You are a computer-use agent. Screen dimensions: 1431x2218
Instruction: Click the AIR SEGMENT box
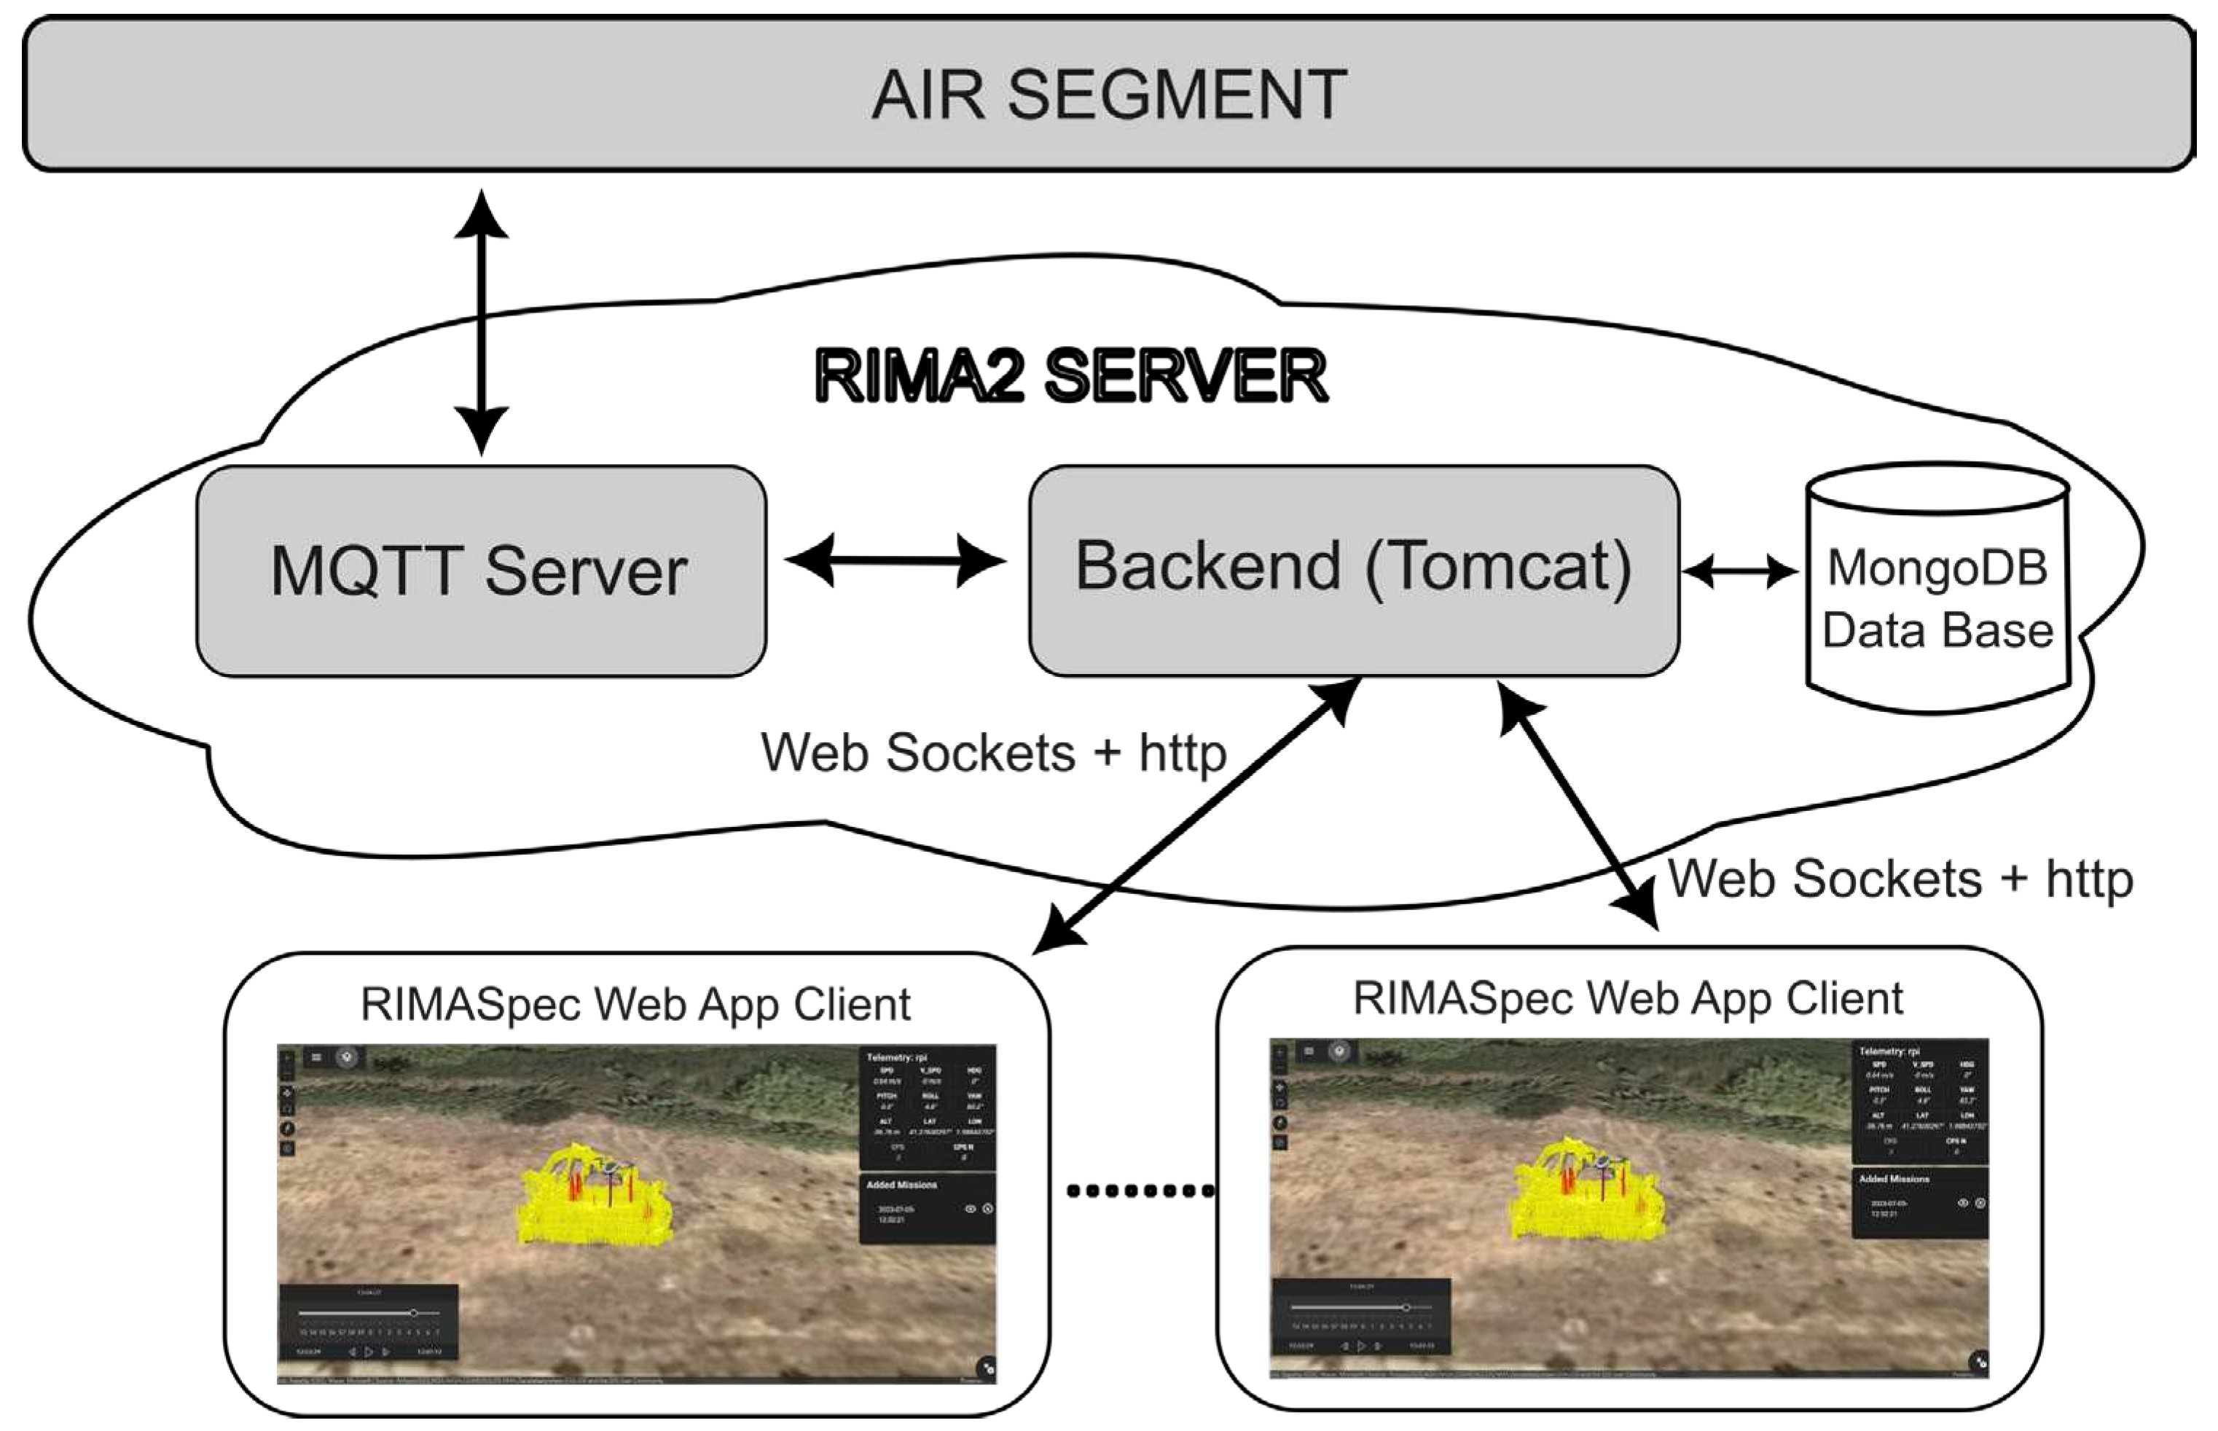[1108, 94]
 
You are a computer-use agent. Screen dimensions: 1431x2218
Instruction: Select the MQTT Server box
[480, 571]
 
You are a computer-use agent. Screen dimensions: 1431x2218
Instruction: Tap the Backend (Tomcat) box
[1354, 568]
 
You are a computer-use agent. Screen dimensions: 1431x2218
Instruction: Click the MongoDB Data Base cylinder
[1937, 600]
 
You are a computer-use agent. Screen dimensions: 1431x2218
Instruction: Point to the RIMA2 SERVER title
[1070, 377]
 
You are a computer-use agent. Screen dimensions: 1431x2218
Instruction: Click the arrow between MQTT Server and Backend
[896, 560]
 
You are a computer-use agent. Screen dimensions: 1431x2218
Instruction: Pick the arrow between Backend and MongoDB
[1739, 571]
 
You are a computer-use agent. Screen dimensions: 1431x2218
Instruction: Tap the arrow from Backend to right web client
[1578, 804]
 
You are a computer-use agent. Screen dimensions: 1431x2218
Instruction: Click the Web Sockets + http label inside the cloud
[993, 753]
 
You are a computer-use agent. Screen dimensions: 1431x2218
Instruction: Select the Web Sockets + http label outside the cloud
[1900, 879]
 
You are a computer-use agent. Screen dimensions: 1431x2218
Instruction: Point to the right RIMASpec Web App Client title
[1627, 999]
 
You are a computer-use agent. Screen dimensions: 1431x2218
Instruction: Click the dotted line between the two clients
[1140, 1191]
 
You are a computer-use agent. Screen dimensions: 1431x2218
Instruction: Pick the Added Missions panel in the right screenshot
[1920, 1204]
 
